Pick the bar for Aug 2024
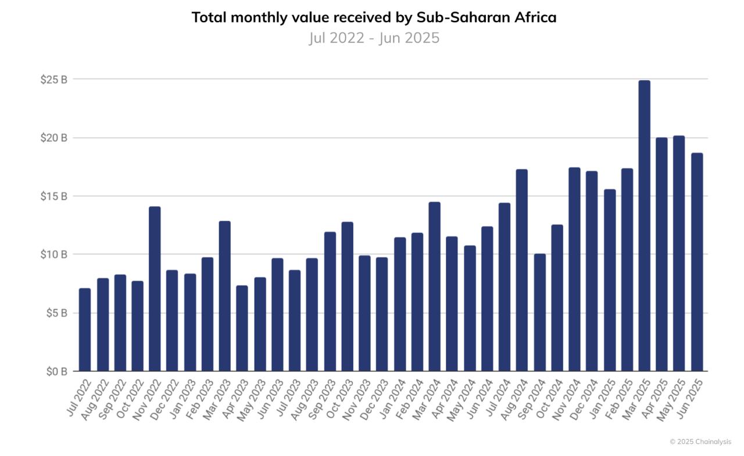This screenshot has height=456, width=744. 522,270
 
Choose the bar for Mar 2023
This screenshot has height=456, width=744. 224,296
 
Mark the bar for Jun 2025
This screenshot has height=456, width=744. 697,262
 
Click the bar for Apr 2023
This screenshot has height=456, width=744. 242,328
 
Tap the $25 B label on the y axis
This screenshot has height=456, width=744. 53,80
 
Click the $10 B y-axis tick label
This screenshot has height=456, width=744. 53,254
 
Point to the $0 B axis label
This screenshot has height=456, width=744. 56,371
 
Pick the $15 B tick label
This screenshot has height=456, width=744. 53,196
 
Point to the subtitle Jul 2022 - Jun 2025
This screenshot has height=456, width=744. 374,38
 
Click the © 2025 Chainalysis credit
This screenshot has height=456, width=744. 700,441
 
